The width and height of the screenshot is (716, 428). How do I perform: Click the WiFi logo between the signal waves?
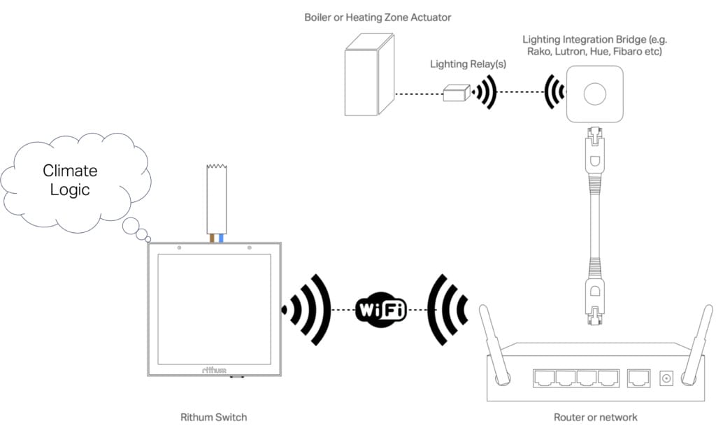[x=381, y=309]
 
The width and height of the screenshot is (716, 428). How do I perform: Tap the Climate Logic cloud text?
[x=70, y=180]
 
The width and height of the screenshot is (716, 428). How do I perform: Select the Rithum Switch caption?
[x=213, y=418]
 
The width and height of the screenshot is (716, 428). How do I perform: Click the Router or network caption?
[x=595, y=418]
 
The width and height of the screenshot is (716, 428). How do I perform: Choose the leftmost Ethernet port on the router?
[x=543, y=378]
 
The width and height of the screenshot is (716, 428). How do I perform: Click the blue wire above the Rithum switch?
[x=221, y=238]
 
